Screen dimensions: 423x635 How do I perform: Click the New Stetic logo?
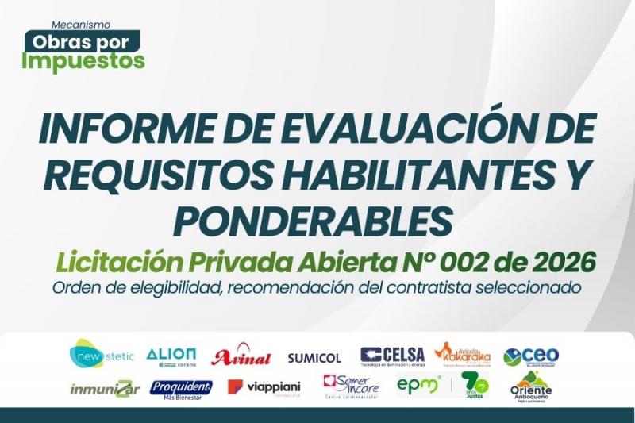pyautogui.click(x=102, y=354)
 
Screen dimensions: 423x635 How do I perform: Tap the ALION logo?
pyautogui.click(x=171, y=356)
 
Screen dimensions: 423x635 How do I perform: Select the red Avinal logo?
pyautogui.click(x=241, y=357)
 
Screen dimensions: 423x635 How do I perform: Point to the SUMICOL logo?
pyautogui.click(x=314, y=358)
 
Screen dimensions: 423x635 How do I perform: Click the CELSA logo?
pyautogui.click(x=392, y=356)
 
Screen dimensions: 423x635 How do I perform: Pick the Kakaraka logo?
pyautogui.click(x=463, y=355)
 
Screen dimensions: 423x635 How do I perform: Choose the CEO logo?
pyautogui.click(x=531, y=356)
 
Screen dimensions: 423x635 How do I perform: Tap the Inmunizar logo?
pyautogui.click(x=105, y=389)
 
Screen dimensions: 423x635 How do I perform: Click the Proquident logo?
pyautogui.click(x=181, y=388)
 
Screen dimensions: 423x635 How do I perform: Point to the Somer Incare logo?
pyautogui.click(x=351, y=387)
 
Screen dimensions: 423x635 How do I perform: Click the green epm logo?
pyautogui.click(x=418, y=386)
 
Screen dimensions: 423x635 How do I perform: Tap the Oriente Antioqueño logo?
pyautogui.click(x=531, y=387)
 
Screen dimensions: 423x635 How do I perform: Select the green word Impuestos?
pyautogui.click(x=83, y=60)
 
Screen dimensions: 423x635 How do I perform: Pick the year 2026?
pyautogui.click(x=559, y=261)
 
